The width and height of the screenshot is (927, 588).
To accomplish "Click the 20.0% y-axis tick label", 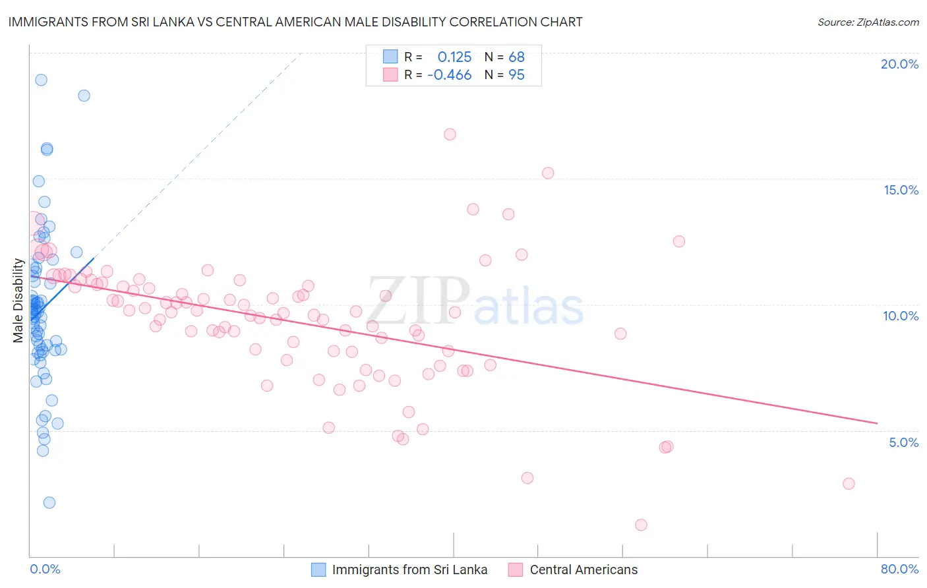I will point(899,64).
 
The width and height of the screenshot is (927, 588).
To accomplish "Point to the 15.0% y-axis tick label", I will point(901,190).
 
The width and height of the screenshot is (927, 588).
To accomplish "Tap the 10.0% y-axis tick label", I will point(901,316).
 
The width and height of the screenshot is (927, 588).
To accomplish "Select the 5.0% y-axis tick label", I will point(903,442).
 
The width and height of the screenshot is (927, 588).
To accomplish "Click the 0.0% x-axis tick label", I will point(45,569).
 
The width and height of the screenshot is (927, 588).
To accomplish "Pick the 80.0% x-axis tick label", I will point(899,569).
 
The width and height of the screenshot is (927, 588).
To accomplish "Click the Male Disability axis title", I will point(18,301).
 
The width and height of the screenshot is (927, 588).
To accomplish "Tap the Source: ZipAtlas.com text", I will point(868,22).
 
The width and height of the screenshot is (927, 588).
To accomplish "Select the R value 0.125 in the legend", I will point(454,57).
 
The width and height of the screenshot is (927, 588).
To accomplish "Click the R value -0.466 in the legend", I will point(449,75).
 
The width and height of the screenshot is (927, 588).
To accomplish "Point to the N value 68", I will point(516,57).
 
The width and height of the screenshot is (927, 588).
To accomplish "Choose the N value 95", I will point(516,75).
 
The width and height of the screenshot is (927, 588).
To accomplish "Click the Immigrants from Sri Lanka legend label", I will point(409,570).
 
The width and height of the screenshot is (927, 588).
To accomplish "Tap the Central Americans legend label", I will point(583,570).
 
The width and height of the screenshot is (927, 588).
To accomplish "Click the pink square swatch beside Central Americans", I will point(516,570).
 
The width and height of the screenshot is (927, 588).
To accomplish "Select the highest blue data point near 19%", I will point(41,80).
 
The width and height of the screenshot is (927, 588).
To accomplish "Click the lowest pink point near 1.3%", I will point(641,525).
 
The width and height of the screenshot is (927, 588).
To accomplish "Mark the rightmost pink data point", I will point(849,484).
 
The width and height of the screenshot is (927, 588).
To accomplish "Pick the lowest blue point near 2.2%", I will point(49,502).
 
